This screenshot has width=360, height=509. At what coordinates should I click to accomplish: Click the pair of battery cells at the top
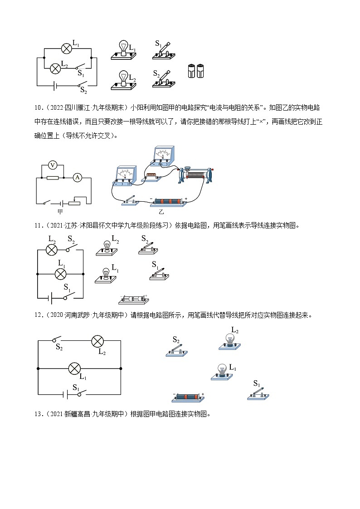click(x=196, y=71)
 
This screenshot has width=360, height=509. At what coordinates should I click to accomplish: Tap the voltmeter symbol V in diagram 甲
click(x=53, y=165)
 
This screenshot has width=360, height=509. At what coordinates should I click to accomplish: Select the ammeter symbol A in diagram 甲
click(x=77, y=178)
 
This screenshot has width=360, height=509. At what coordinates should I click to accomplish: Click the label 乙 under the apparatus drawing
click(x=161, y=211)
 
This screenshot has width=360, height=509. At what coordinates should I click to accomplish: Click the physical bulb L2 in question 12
click(x=230, y=341)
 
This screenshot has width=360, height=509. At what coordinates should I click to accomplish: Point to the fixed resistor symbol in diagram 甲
click(x=53, y=178)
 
